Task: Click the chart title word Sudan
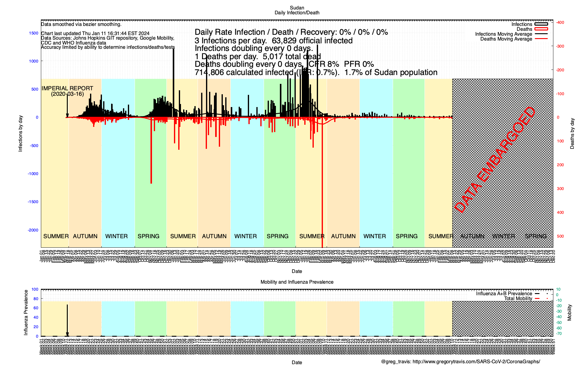pyautogui.click(x=297, y=8)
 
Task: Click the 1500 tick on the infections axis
pyautogui.click(x=34, y=33)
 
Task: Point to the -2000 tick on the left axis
pyautogui.click(x=33, y=230)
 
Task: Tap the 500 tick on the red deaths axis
pyautogui.click(x=560, y=236)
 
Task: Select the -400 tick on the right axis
pyautogui.click(x=560, y=22)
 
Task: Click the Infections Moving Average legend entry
pyautogui.click(x=503, y=34)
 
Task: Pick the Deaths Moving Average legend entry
pyautogui.click(x=506, y=39)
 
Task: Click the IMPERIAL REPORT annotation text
pyautogui.click(x=67, y=88)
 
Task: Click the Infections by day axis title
pyautogui.click(x=20, y=133)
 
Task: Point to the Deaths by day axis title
pyautogui.click(x=572, y=133)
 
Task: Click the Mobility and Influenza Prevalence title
pyautogui.click(x=297, y=282)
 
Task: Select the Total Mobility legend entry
pyautogui.click(x=518, y=298)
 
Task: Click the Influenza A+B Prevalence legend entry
pyautogui.click(x=504, y=293)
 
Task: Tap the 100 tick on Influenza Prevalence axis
pyautogui.click(x=35, y=289)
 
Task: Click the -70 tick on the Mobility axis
pyautogui.click(x=559, y=333)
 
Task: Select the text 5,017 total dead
pyautogui.click(x=291, y=56)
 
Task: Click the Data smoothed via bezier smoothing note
pyautogui.click(x=81, y=24)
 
